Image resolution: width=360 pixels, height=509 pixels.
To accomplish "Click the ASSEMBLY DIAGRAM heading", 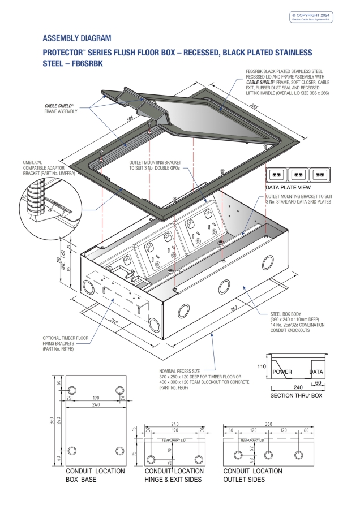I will tap(76, 38).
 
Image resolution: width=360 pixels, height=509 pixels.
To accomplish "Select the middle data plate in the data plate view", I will tap(299, 175).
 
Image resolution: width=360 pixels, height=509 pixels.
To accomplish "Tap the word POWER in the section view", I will tap(283, 372).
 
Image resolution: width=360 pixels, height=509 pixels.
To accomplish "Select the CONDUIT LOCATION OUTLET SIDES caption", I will tap(252, 475).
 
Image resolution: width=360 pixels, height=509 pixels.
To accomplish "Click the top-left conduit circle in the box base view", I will tap(72, 390).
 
